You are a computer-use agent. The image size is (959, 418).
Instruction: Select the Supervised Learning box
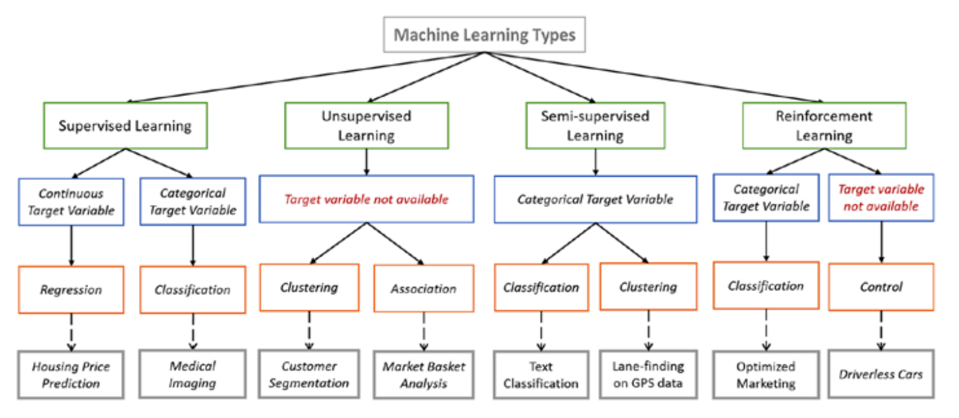pyautogui.click(x=125, y=126)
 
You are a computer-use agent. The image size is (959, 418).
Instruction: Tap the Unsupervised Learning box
pyautogui.click(x=366, y=126)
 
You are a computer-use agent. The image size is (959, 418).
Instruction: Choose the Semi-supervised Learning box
pyautogui.click(x=595, y=126)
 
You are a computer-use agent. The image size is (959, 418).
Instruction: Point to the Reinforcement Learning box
pyautogui.click(x=823, y=126)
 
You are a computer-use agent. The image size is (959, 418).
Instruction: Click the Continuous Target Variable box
pyautogui.click(x=71, y=202)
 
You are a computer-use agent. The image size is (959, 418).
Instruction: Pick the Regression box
pyautogui.click(x=71, y=290)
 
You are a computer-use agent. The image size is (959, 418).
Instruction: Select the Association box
pyautogui.click(x=424, y=288)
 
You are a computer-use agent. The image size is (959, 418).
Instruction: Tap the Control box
pyautogui.click(x=881, y=287)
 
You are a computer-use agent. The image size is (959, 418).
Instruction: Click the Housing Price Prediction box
pyautogui.click(x=71, y=374)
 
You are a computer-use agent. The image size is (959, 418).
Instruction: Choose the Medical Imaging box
pyautogui.click(x=193, y=374)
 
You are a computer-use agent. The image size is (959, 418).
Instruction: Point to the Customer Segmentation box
pyautogui.click(x=308, y=374)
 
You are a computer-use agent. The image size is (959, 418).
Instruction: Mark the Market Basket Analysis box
pyautogui.click(x=424, y=374)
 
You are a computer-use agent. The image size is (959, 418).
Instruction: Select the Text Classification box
pyautogui.click(x=541, y=374)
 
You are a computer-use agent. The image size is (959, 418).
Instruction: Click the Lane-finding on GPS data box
pyautogui.click(x=649, y=374)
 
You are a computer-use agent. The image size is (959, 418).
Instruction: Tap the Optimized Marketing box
pyautogui.click(x=766, y=374)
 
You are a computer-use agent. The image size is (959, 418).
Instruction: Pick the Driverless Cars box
pyautogui.click(x=881, y=374)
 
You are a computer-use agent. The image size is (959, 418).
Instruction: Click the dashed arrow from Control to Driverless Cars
pyautogui.click(x=881, y=331)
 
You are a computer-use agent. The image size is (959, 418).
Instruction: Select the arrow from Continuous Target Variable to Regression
pyautogui.click(x=71, y=245)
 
